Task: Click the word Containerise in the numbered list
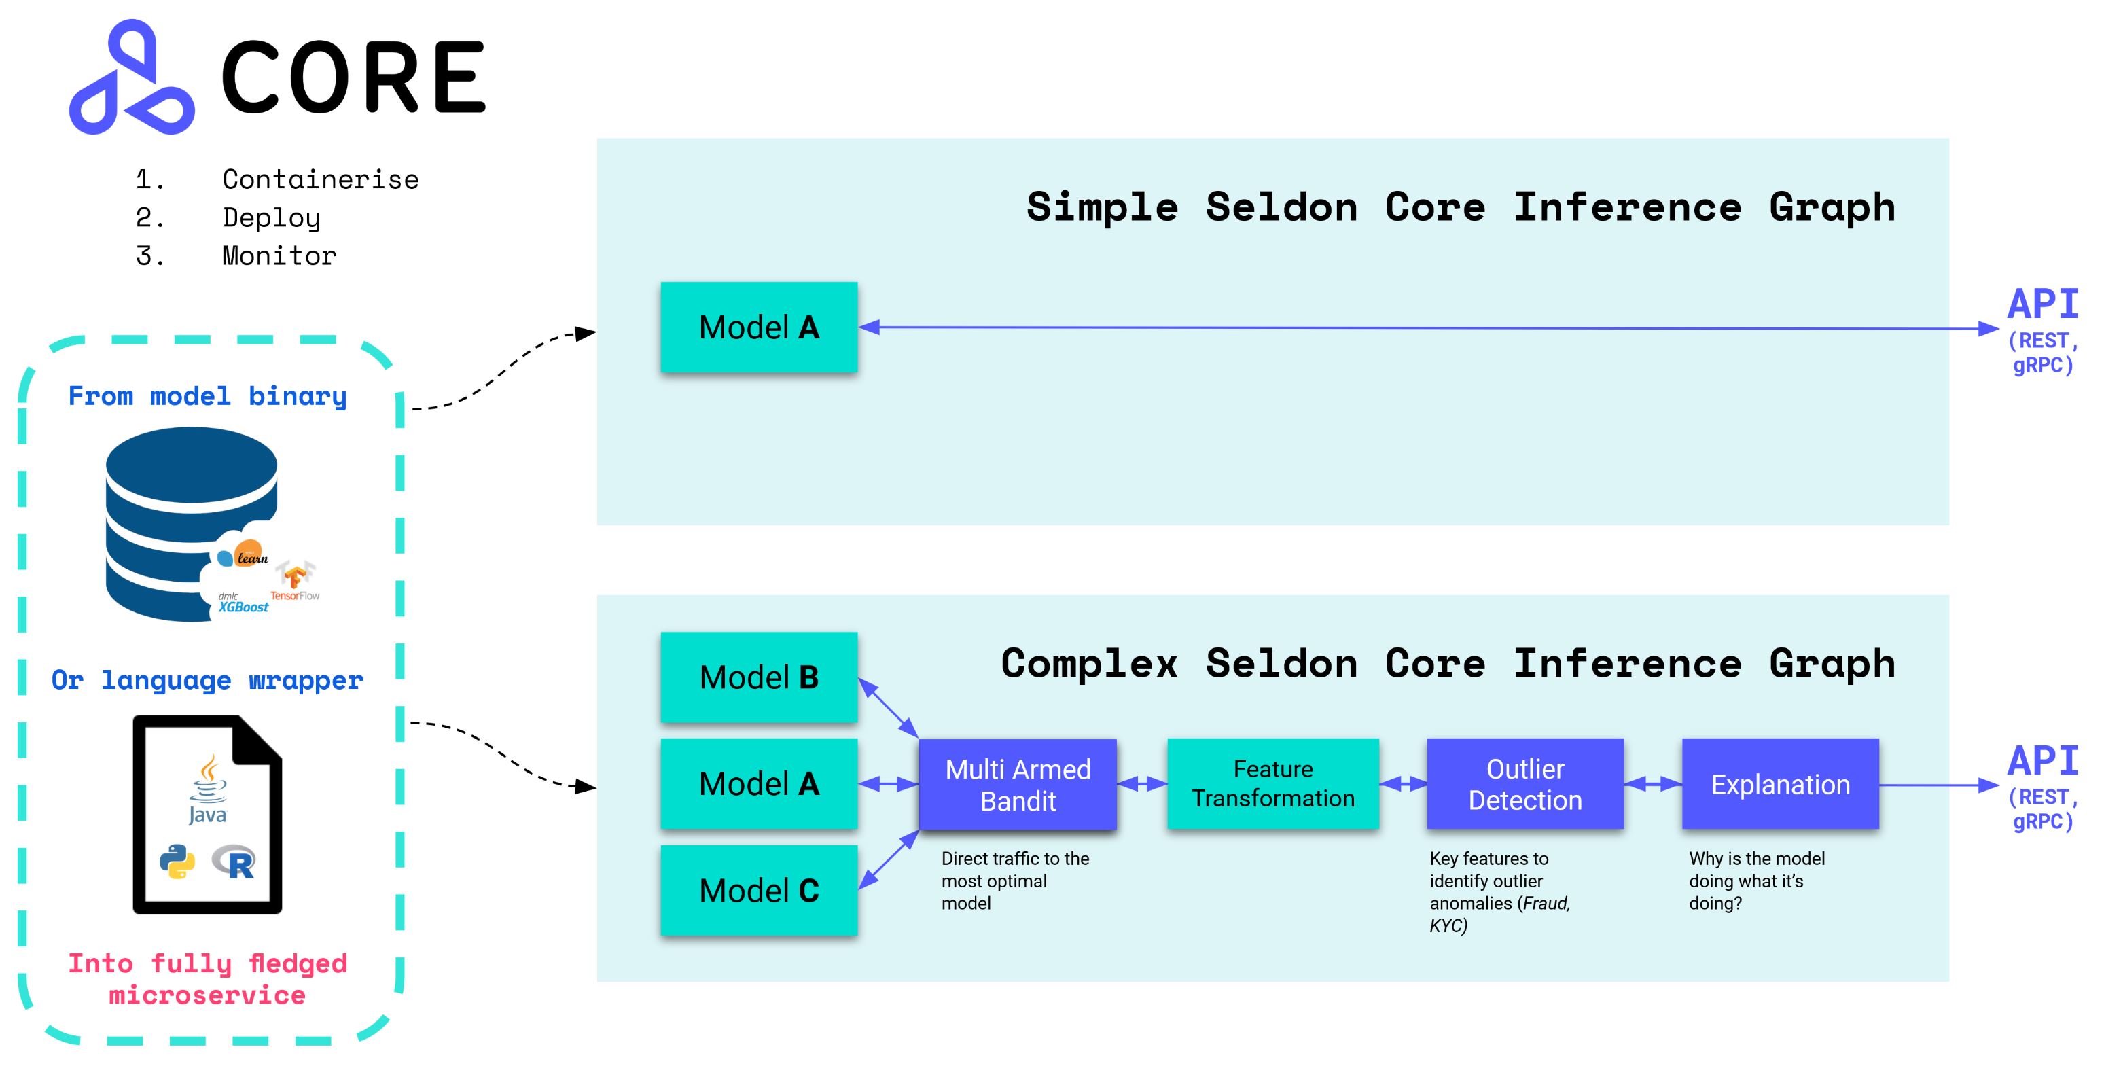pyautogui.click(x=320, y=179)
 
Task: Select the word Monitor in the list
pyautogui.click(x=279, y=255)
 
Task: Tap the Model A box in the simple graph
pyautogui.click(x=759, y=327)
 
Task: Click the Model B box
pyautogui.click(x=759, y=677)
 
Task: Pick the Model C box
pyautogui.click(x=759, y=890)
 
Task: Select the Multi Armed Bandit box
pyautogui.click(x=1018, y=784)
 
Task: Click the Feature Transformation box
pyautogui.click(x=1272, y=784)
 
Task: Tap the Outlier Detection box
pyautogui.click(x=1525, y=784)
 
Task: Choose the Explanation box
pyautogui.click(x=1780, y=784)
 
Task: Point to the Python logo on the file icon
pyautogui.click(x=177, y=862)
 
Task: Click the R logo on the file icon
pyautogui.click(x=235, y=862)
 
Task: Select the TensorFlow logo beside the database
pyautogui.click(x=295, y=581)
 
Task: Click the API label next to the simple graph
pyautogui.click(x=2042, y=304)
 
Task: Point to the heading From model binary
pyautogui.click(x=207, y=396)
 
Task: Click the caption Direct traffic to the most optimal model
pyautogui.click(x=1014, y=881)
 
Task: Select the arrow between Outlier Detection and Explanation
pyautogui.click(x=1652, y=784)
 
